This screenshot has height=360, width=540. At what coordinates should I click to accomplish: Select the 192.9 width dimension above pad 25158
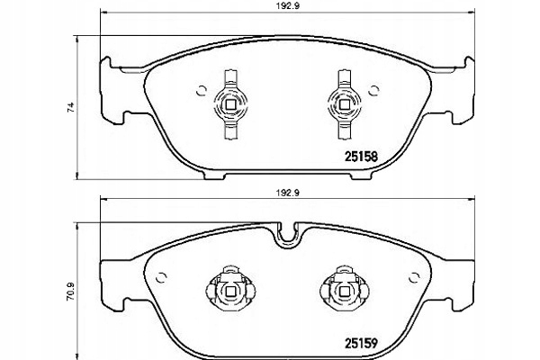[x=285, y=6]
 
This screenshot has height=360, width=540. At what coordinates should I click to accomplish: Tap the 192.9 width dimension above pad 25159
[x=285, y=192]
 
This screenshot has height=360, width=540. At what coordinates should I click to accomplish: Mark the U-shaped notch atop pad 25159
[x=288, y=237]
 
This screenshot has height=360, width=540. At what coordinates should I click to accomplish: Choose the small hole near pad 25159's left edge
[x=161, y=274]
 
